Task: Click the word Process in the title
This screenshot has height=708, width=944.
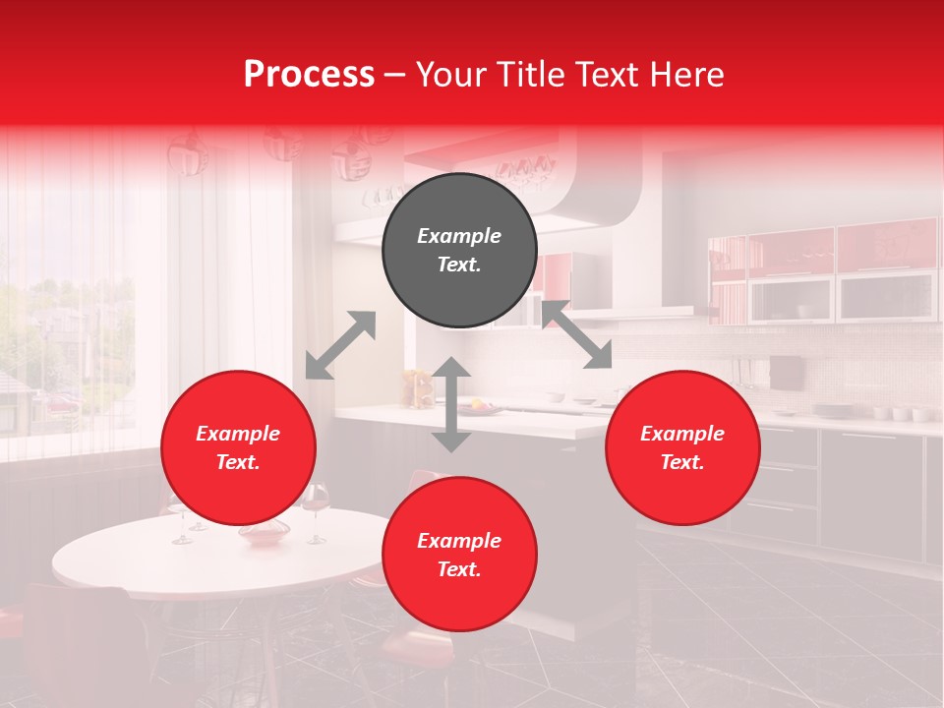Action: tap(309, 75)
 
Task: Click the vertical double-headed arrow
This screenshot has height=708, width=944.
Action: tap(451, 404)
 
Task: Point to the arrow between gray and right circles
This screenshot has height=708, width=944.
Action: tap(577, 334)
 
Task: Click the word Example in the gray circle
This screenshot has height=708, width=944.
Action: tap(459, 236)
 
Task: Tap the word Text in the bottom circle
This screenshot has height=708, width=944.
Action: tap(459, 570)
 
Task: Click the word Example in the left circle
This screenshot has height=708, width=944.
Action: tap(238, 434)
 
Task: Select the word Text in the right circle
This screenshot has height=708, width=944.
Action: tap(681, 463)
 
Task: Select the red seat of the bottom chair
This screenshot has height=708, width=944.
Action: tap(403, 649)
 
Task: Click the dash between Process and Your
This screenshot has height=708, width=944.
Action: tap(394, 76)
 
